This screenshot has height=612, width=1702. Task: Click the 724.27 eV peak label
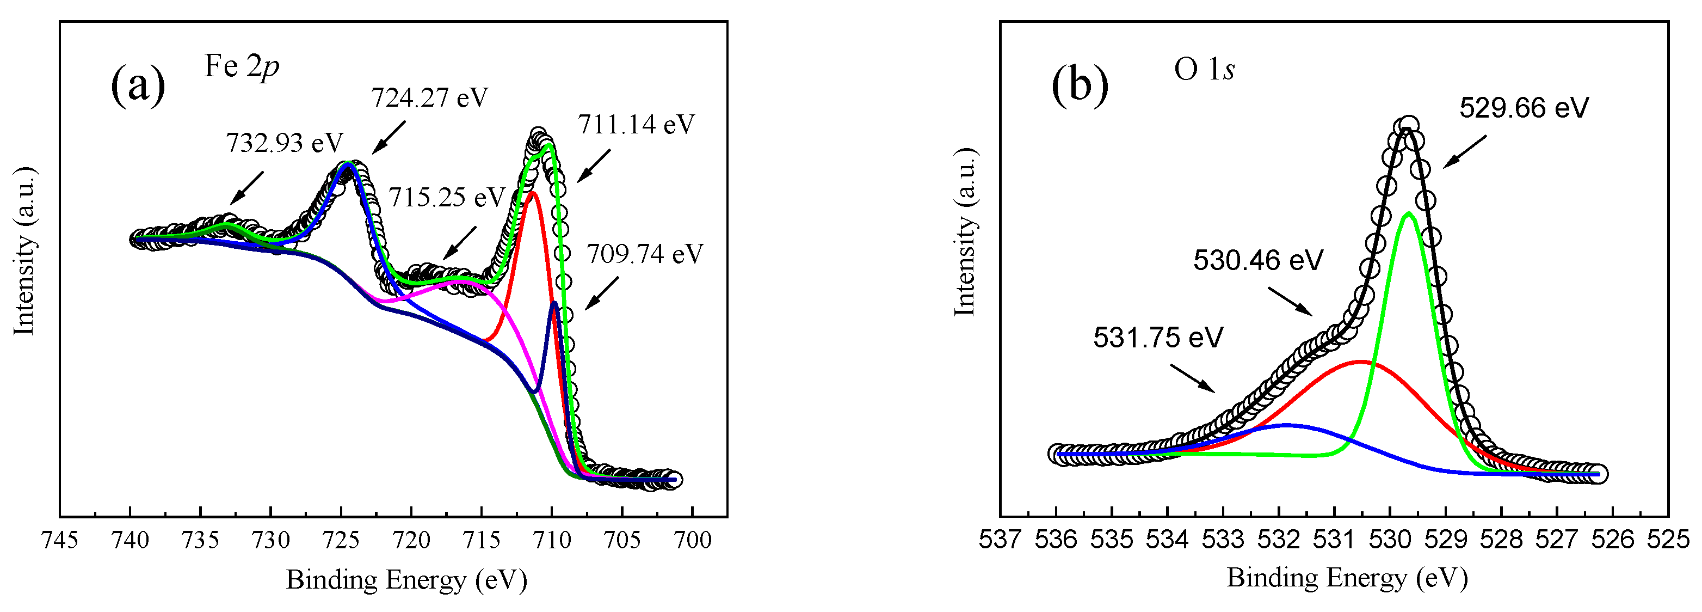429,98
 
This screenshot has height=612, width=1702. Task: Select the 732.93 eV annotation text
285,143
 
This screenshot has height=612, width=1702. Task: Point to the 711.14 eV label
636,124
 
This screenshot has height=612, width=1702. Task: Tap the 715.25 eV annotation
447,197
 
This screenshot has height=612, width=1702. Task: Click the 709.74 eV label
645,253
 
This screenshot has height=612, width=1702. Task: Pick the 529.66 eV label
1524,108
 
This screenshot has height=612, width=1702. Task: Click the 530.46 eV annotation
1258,260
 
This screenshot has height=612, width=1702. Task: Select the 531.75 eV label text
1157,338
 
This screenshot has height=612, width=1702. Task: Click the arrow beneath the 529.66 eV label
1465,152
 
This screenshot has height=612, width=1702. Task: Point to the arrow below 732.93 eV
246,188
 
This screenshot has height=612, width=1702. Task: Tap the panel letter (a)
138,84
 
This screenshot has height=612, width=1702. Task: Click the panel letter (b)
1080,84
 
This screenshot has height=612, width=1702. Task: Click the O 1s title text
1204,69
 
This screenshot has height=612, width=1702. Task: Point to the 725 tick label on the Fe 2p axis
341,540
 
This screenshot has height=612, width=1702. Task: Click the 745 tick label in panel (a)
59,540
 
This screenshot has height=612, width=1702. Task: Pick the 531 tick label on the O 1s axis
1335,540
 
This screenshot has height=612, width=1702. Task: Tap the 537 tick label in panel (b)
1000,540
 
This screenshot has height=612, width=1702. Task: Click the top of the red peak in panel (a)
533,193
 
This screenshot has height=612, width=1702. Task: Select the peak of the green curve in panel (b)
1409,213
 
